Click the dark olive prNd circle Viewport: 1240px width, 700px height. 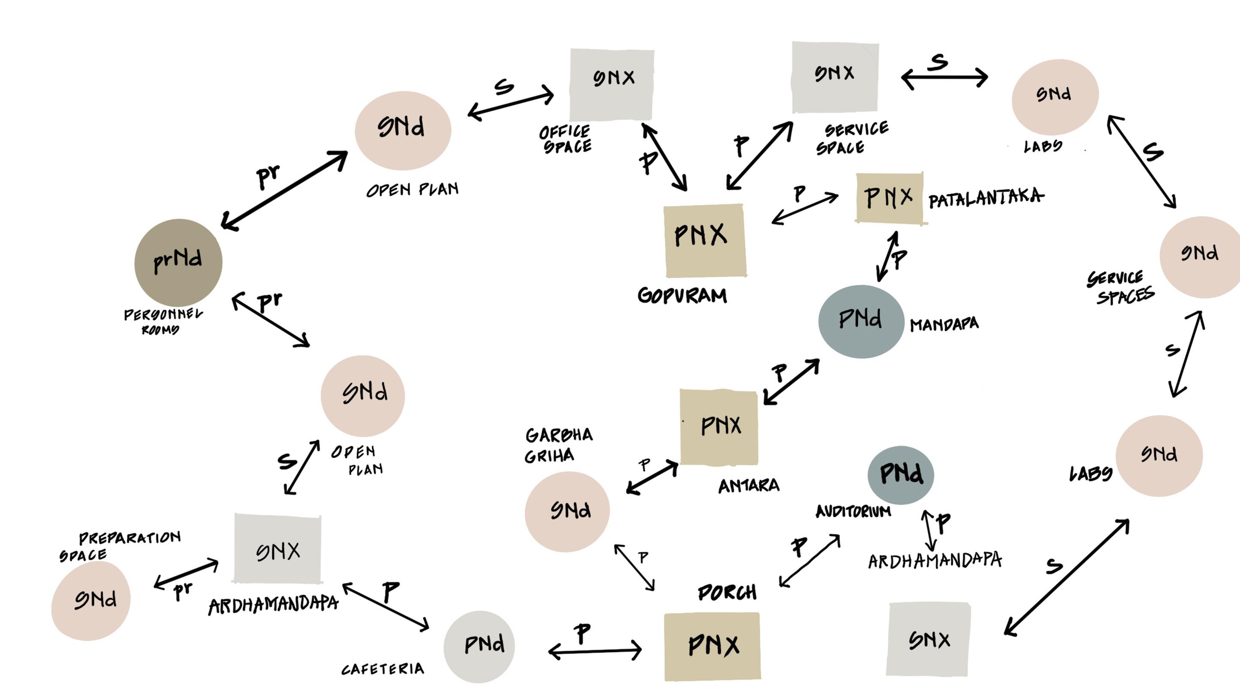click(178, 262)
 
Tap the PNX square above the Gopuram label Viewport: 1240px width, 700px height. click(705, 240)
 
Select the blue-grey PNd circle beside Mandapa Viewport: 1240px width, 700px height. click(861, 321)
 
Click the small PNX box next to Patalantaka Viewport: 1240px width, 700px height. click(889, 198)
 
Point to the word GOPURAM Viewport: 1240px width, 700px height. click(682, 295)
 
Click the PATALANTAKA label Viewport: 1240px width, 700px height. click(985, 198)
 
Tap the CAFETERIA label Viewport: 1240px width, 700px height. click(383, 669)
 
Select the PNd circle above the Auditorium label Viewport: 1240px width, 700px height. click(901, 474)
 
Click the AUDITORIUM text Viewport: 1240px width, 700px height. click(853, 511)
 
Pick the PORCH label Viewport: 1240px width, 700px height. click(727, 592)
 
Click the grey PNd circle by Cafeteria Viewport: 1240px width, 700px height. click(479, 646)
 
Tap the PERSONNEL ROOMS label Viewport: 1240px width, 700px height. click(162, 322)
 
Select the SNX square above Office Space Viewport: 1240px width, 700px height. click(612, 84)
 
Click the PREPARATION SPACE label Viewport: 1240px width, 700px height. click(120, 545)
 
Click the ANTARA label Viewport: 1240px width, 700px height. click(749, 486)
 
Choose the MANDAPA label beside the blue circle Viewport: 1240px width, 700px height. click(944, 324)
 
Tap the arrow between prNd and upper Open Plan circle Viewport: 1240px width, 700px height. click(284, 190)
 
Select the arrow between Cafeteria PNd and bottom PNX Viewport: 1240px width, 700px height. click(595, 650)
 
